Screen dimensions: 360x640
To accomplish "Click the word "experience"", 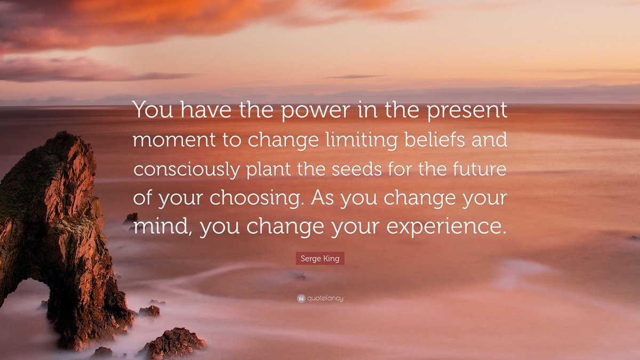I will point(444,226).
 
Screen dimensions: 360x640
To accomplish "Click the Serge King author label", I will point(320,259).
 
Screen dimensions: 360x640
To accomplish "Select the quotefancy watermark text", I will point(325,299).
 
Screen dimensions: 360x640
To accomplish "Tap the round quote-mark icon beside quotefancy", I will point(301,299).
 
